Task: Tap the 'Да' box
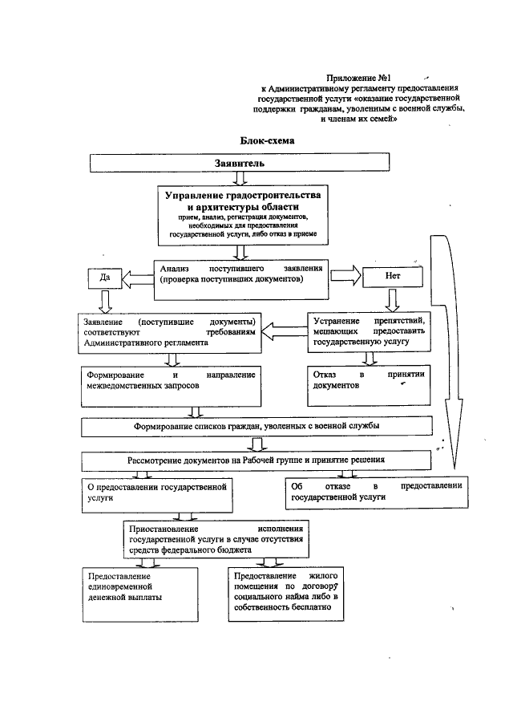tap(104, 278)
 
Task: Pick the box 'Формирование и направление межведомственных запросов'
tap(169, 381)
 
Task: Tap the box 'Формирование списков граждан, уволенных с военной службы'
tap(256, 424)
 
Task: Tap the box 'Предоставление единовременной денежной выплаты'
tap(139, 594)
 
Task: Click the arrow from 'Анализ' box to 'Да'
tap(137, 278)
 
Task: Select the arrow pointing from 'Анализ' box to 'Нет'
tap(345, 274)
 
